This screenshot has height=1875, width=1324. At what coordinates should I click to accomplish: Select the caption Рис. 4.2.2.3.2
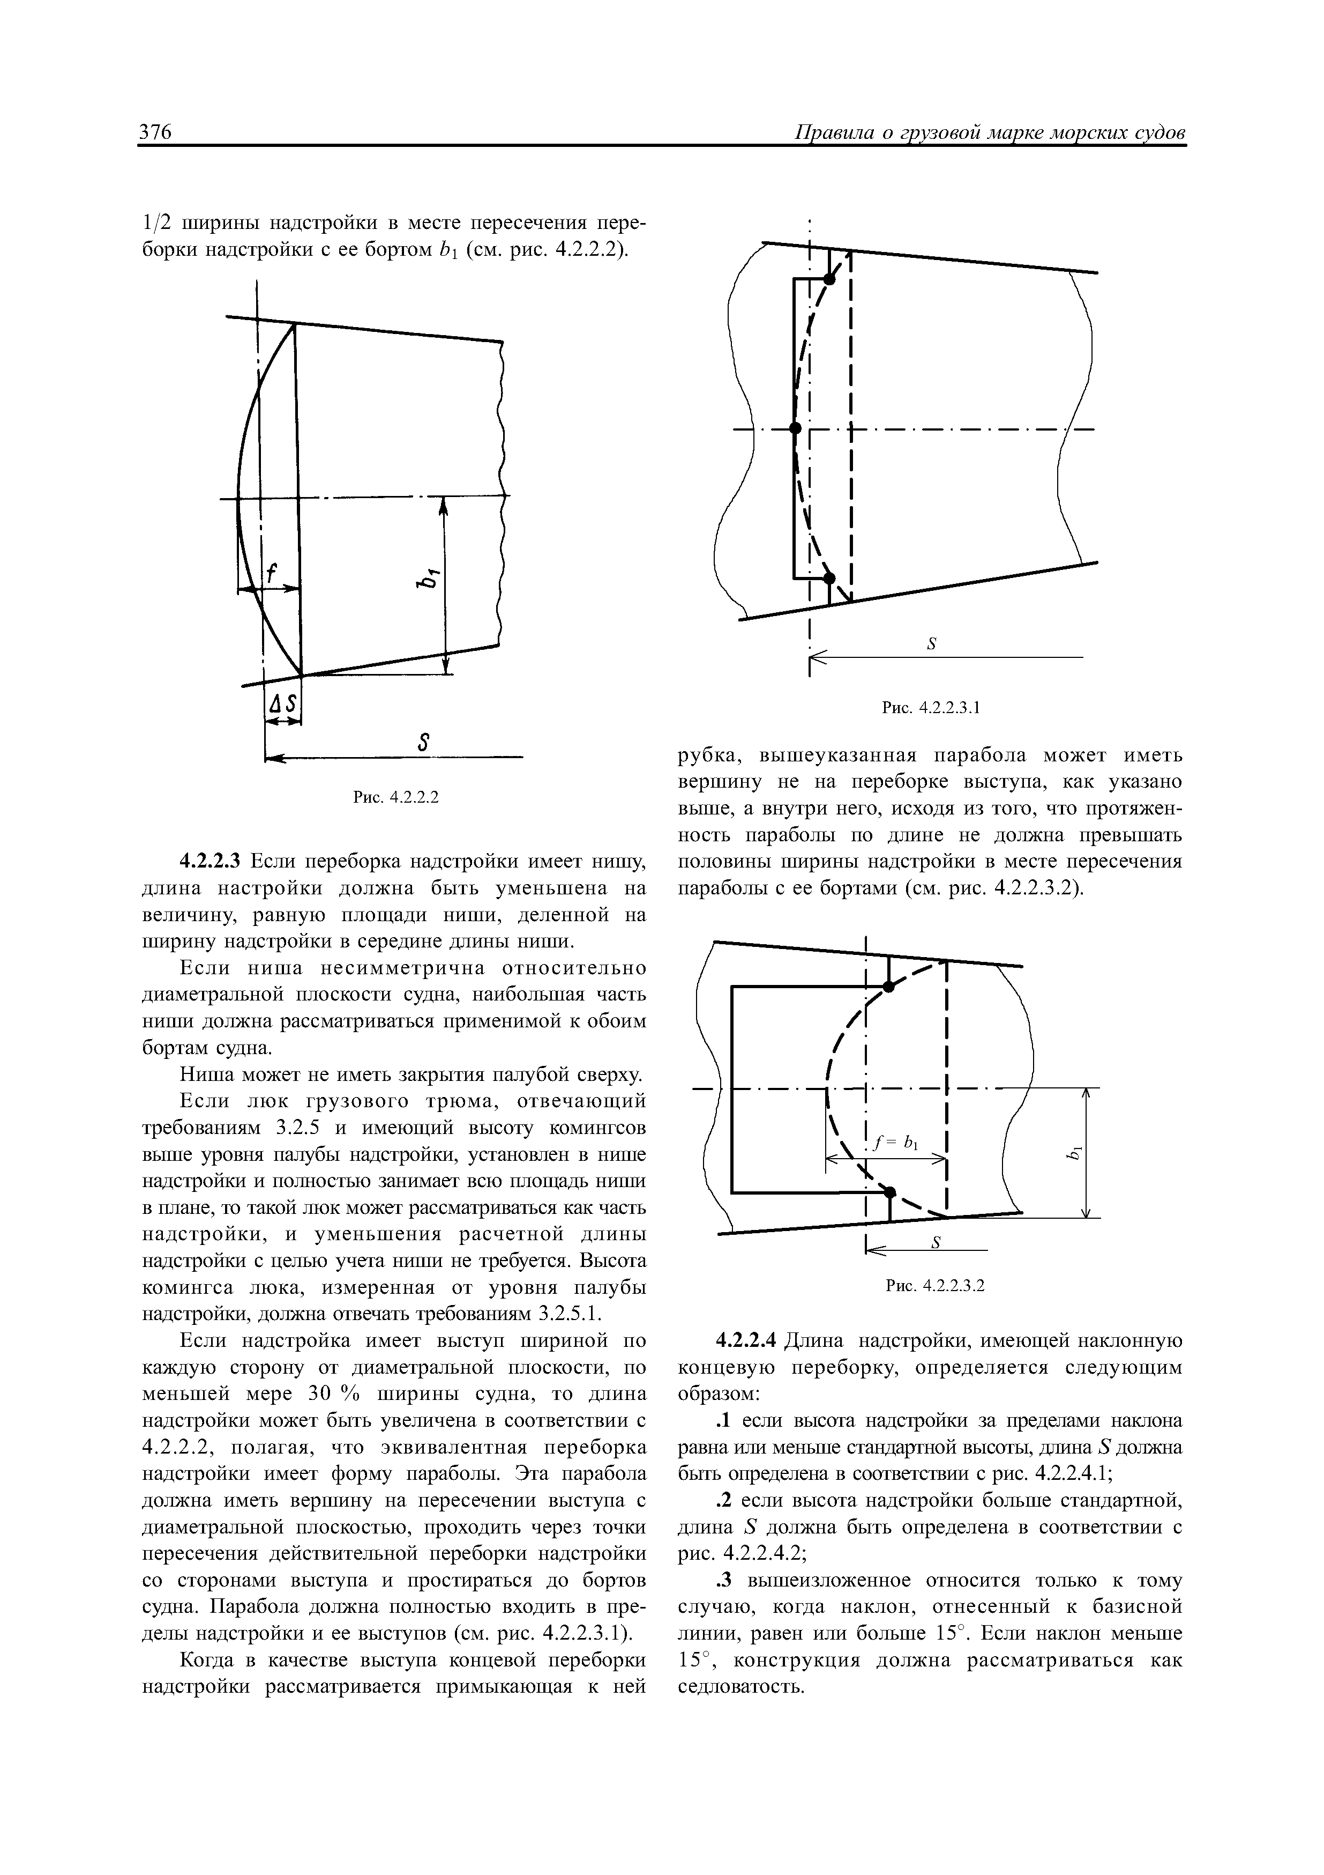click(x=936, y=1285)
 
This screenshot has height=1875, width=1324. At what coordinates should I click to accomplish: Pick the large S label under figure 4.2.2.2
click(x=423, y=742)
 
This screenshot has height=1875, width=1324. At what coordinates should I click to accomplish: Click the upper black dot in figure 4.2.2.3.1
click(x=829, y=279)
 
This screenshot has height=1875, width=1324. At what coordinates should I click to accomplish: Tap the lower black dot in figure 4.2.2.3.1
click(x=829, y=578)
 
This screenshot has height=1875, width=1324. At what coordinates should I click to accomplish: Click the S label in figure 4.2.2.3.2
click(x=936, y=1243)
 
